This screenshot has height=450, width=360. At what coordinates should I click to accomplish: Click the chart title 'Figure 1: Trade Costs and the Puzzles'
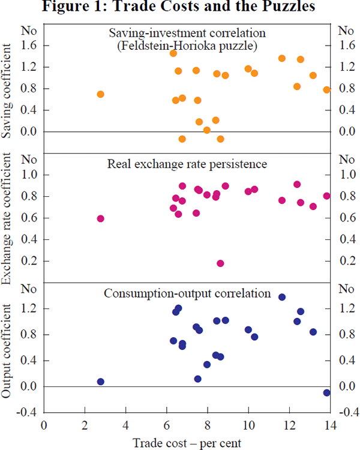click(x=180, y=8)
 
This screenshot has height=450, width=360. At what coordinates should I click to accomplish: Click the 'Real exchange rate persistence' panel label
click(x=187, y=163)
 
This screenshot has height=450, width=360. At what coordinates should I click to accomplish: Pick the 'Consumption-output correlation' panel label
click(x=187, y=293)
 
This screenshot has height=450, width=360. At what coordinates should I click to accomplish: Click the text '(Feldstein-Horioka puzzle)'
click(x=187, y=44)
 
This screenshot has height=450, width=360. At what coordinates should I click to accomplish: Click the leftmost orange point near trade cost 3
click(x=100, y=94)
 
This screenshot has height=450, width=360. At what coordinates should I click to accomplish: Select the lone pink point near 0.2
click(x=220, y=263)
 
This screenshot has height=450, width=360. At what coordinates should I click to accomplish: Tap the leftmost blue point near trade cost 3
click(x=100, y=382)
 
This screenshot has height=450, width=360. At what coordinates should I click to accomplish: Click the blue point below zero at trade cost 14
click(x=327, y=392)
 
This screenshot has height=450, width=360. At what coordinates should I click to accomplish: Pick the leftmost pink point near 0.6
click(x=100, y=218)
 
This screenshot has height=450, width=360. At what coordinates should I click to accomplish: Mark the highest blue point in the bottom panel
click(x=282, y=297)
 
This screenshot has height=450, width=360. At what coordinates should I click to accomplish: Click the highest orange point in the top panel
click(x=173, y=53)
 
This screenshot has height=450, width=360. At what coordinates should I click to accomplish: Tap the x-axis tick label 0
click(x=44, y=426)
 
